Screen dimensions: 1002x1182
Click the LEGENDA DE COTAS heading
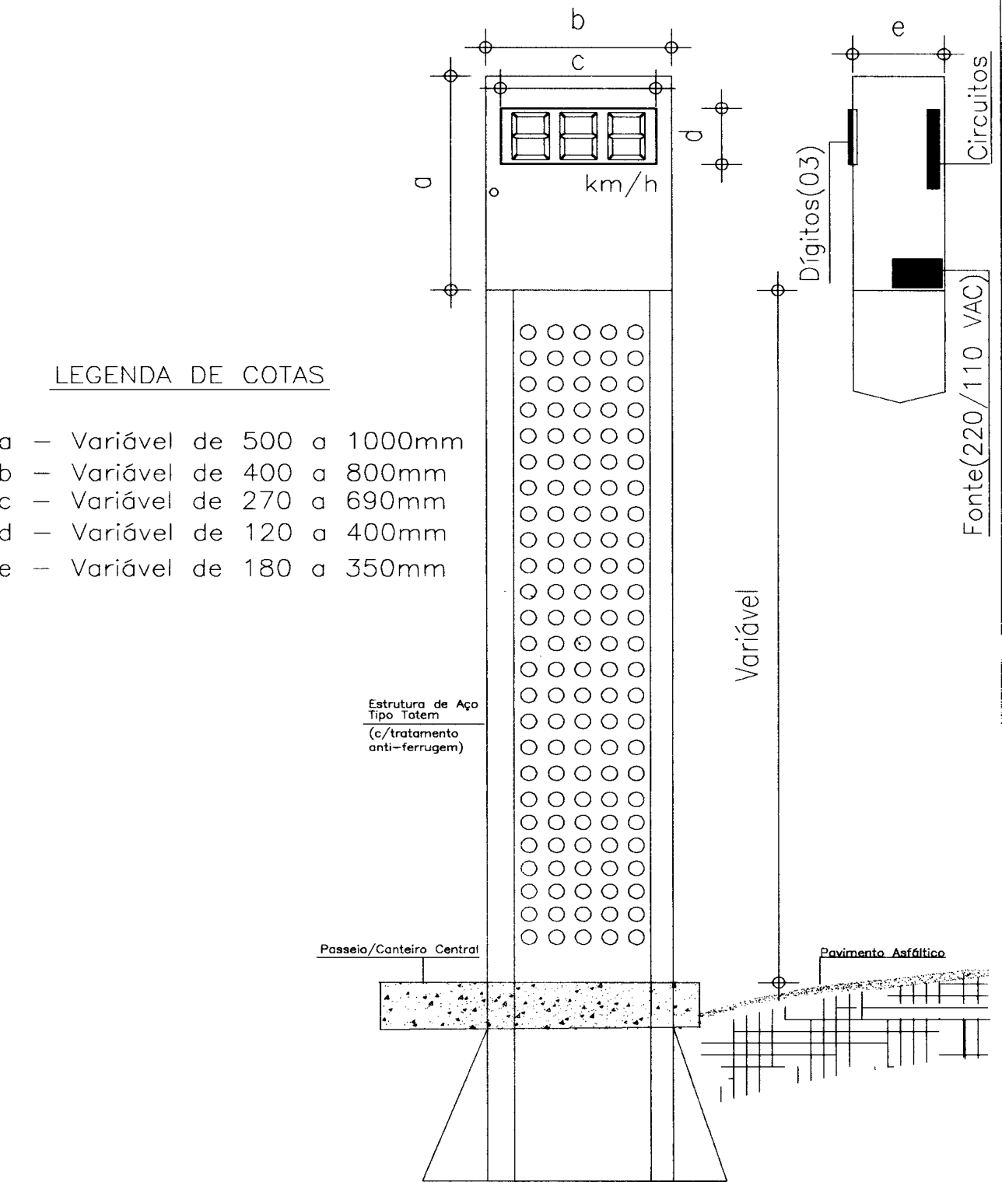189,376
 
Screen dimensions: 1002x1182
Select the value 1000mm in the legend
405,442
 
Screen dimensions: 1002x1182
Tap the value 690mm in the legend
396,502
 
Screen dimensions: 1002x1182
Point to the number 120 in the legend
268,533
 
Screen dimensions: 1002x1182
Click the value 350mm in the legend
396,568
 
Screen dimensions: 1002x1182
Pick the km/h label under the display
621,185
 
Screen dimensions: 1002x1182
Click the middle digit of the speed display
578,136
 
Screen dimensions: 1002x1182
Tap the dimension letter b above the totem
578,22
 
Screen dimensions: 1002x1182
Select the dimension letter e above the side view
899,28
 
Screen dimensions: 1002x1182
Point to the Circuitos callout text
977,107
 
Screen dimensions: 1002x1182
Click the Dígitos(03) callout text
811,214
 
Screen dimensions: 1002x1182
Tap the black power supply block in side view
917,274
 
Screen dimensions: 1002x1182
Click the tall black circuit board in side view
934,149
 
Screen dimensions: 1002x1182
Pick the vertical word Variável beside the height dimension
748,635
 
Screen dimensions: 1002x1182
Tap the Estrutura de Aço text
423,704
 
